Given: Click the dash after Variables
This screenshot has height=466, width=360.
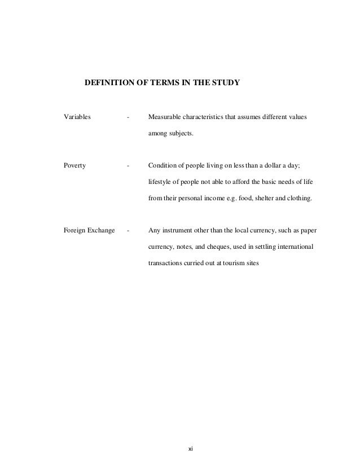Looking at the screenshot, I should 129,118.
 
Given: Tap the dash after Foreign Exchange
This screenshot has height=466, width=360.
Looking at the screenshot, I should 129,230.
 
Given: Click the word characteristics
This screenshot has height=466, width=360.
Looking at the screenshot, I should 208,118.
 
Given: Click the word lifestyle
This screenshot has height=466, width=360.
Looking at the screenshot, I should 160,182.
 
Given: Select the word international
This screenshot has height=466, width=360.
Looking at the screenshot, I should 300,246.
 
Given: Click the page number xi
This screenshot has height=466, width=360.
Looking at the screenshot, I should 190,449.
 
